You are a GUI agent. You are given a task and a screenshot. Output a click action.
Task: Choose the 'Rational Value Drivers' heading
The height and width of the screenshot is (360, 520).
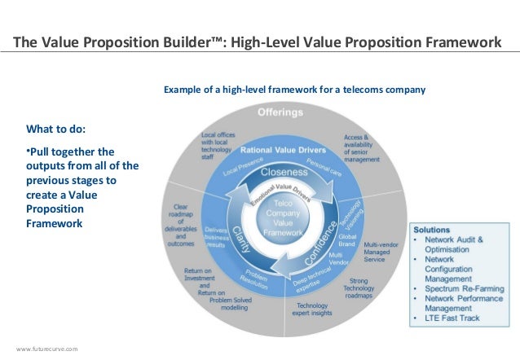[x=283, y=151]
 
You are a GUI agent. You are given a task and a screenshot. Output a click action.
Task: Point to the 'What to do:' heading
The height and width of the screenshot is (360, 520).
[x=55, y=129]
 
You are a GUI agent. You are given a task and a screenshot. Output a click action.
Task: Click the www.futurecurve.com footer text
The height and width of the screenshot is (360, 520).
[x=47, y=349]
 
